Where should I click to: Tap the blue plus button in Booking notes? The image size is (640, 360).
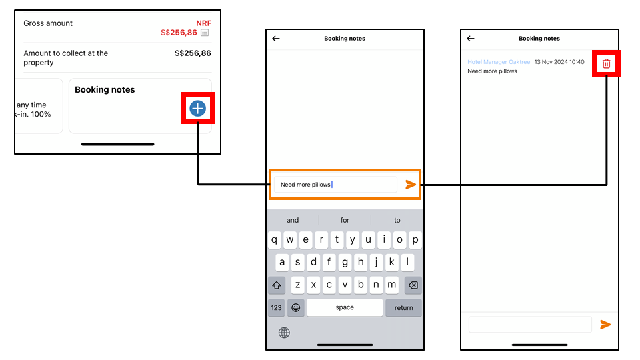click(197, 108)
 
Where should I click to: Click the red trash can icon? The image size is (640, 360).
click(606, 63)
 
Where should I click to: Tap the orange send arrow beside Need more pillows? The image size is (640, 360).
click(411, 185)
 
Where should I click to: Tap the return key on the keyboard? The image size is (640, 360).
click(403, 307)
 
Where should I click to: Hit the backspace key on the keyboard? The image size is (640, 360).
click(412, 285)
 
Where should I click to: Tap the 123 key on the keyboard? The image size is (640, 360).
click(276, 307)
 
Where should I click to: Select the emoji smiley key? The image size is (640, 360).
click(295, 307)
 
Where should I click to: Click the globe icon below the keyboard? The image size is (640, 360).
click(284, 332)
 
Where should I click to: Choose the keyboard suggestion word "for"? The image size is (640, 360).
click(345, 220)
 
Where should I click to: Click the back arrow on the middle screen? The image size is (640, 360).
click(276, 39)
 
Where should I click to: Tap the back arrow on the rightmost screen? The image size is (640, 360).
click(471, 39)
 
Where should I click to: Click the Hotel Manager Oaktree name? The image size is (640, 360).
click(499, 62)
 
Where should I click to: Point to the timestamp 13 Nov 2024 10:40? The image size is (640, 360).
click(559, 62)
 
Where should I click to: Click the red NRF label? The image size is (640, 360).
click(203, 23)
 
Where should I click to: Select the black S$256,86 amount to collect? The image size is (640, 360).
click(193, 53)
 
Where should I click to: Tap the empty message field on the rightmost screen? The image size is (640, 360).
click(530, 325)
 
